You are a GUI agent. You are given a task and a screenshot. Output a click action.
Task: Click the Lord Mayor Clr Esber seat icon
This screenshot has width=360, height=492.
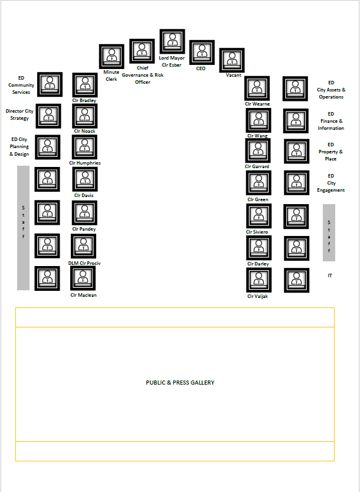(x=172, y=41)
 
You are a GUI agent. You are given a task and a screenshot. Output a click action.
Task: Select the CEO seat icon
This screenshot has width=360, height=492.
(x=202, y=53)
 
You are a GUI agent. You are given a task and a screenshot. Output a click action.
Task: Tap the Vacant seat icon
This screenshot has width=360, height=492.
(x=231, y=60)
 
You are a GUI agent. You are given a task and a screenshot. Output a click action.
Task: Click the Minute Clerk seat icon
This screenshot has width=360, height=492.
(x=112, y=57)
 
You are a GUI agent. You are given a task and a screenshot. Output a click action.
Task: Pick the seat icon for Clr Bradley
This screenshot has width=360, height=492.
(x=85, y=85)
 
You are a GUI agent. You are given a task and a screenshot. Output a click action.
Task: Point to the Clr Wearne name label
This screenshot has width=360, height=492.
(x=257, y=104)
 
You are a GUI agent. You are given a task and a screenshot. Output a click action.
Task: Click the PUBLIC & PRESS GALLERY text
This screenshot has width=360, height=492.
(x=180, y=382)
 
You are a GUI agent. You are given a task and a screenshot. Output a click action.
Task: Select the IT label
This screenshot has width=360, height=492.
(x=330, y=275)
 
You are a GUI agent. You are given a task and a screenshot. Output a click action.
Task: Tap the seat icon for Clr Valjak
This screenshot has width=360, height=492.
(x=258, y=280)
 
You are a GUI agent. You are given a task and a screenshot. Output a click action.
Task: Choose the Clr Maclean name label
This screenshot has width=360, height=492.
(x=83, y=295)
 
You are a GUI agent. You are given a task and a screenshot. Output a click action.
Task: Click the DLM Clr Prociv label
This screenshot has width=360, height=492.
(x=84, y=263)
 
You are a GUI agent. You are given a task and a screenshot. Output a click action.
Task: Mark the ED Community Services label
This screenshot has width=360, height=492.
(x=21, y=85)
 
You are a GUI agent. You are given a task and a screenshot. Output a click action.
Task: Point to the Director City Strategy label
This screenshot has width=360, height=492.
(x=19, y=114)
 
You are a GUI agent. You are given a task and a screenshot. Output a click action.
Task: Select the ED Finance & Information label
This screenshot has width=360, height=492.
(x=331, y=121)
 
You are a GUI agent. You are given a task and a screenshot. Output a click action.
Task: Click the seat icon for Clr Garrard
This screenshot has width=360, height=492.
(x=258, y=150)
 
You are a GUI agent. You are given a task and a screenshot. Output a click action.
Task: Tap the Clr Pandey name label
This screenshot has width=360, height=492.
(x=84, y=229)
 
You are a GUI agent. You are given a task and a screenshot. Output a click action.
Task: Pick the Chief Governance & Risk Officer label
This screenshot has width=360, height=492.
(x=142, y=75)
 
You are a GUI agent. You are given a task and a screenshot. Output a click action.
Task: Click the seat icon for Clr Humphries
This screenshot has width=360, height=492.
(x=84, y=147)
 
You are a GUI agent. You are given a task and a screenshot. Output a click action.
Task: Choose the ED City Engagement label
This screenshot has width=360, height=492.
(x=331, y=183)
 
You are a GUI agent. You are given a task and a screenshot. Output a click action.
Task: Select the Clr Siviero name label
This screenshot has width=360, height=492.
(x=257, y=232)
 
